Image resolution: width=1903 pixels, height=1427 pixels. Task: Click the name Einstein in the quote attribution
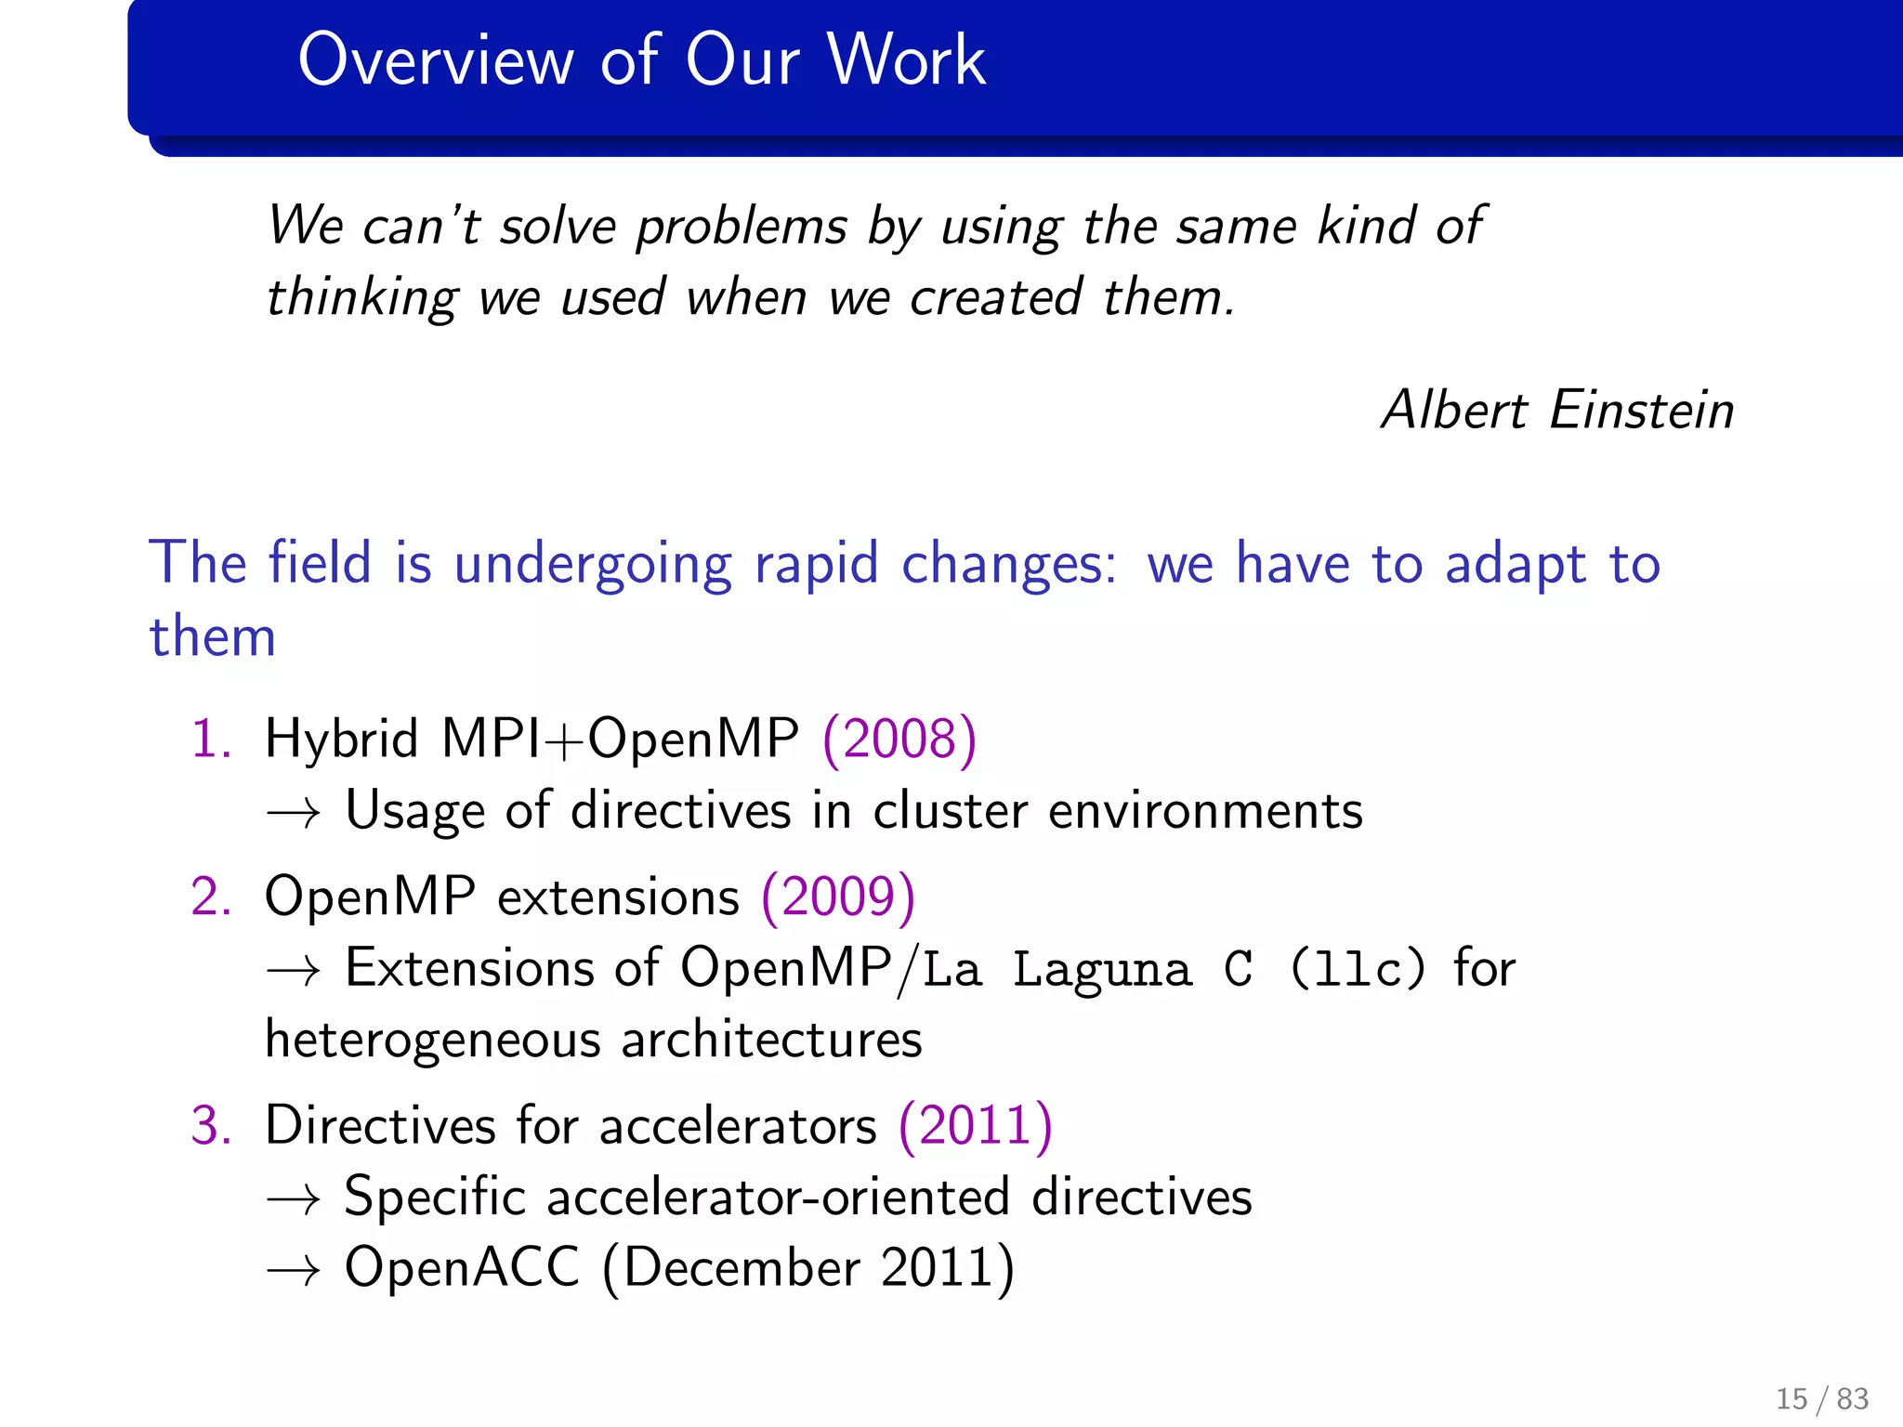[x=1641, y=410]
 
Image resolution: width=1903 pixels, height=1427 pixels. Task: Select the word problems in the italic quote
[x=741, y=228]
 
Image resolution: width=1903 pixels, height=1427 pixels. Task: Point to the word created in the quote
[x=995, y=298]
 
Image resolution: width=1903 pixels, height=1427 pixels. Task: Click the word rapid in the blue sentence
[x=815, y=564]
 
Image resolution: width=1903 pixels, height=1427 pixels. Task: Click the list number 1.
[x=210, y=740]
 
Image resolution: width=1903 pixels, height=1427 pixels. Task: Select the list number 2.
[x=210, y=898]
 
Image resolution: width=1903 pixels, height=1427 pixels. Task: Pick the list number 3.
[x=210, y=1126]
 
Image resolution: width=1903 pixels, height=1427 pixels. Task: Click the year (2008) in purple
[x=899, y=740]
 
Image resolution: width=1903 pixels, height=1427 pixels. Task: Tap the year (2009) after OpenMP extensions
[x=838, y=898]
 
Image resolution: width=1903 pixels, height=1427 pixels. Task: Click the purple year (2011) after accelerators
[x=976, y=1126]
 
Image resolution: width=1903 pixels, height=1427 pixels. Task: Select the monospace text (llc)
[x=1357, y=969]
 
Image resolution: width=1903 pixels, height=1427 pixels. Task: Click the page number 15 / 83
[x=1821, y=1398]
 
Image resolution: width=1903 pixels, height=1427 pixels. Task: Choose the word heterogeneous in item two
[x=432, y=1041]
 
